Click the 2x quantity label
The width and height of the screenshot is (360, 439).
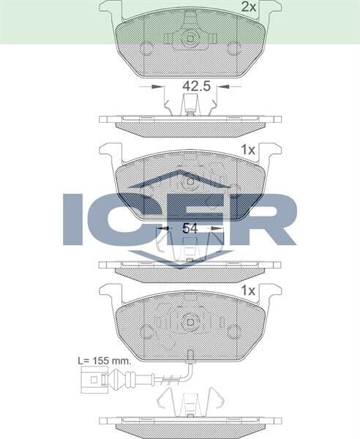(x=248, y=7)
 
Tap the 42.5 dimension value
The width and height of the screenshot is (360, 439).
(x=196, y=86)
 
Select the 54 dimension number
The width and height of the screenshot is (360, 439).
(x=190, y=228)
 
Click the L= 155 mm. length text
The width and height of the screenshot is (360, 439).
(x=107, y=361)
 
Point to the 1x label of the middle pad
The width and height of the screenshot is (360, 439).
(x=247, y=149)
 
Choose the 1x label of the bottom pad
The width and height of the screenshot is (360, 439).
(x=247, y=290)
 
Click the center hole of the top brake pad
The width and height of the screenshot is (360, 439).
(x=190, y=38)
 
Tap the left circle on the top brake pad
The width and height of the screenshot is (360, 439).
(x=146, y=49)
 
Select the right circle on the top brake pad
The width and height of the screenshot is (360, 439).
(x=234, y=49)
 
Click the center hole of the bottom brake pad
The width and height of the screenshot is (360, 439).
(x=190, y=320)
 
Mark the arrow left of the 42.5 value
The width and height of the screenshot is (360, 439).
(x=157, y=86)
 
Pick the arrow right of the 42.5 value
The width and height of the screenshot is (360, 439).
(x=223, y=86)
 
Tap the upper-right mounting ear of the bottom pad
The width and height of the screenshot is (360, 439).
(x=269, y=291)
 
